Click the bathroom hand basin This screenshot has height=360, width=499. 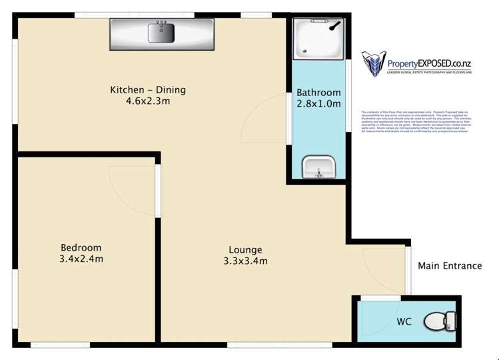[318, 167]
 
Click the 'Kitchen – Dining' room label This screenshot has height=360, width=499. [148, 90]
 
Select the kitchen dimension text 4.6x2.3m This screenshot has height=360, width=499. [148, 103]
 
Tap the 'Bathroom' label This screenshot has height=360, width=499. [318, 92]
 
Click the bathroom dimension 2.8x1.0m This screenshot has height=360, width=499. [318, 104]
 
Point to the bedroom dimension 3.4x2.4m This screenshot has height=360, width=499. [81, 259]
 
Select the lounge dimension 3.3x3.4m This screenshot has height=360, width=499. [245, 261]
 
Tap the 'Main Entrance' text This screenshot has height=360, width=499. [449, 265]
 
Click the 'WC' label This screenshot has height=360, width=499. [404, 321]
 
